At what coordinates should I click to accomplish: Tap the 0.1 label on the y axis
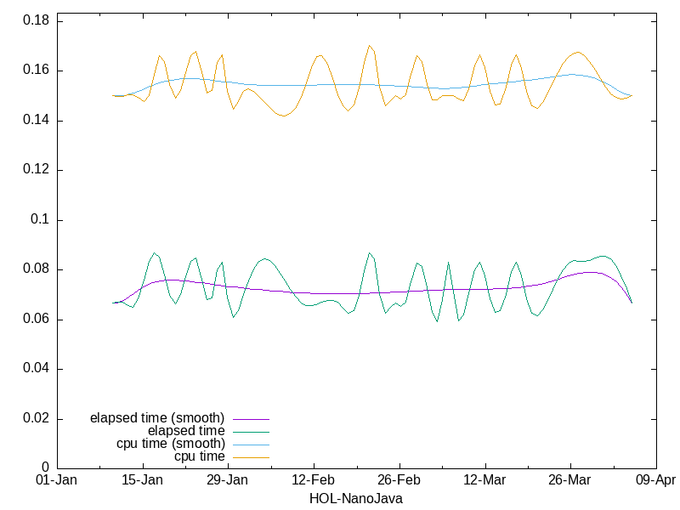[40, 220]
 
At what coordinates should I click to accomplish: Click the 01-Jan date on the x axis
[57, 480]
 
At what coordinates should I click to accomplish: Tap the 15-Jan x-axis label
[143, 480]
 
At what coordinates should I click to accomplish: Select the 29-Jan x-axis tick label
[228, 480]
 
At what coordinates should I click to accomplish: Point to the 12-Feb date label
[314, 480]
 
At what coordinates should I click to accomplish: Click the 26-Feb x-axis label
[399, 480]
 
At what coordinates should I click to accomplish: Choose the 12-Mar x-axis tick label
[484, 480]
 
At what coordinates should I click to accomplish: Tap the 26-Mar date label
[569, 480]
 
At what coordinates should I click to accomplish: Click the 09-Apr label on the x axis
[655, 480]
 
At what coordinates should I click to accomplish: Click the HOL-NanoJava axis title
[356, 498]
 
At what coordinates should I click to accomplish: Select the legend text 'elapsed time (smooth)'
[157, 418]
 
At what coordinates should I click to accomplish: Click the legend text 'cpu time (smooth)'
[171, 444]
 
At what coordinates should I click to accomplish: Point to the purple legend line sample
[249, 418]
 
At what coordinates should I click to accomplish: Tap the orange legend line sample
[249, 456]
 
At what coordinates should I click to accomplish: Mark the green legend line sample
[249, 431]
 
